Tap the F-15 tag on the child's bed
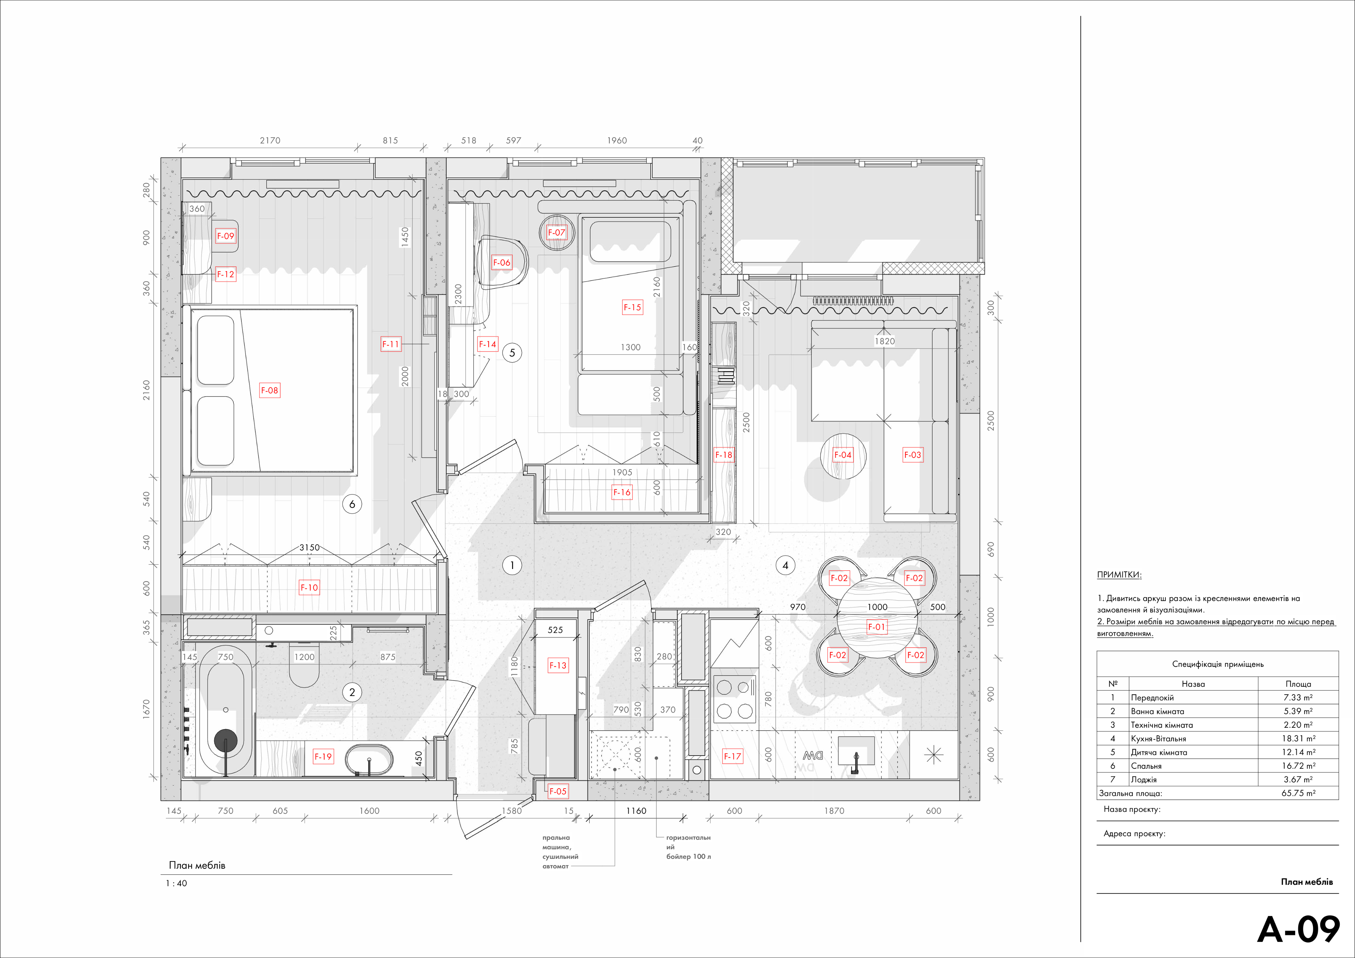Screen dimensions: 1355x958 click(632, 307)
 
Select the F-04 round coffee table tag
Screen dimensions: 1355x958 click(843, 455)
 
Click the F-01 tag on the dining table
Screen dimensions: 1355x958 click(876, 627)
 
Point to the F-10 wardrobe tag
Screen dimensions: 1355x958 click(309, 587)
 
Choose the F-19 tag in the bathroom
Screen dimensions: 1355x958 click(323, 756)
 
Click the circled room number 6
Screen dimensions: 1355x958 click(352, 504)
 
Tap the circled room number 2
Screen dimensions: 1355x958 click(352, 692)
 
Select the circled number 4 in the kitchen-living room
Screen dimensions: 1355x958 click(785, 565)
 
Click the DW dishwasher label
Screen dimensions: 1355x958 click(813, 756)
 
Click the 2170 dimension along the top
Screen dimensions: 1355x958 click(270, 141)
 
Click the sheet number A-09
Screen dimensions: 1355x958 click(1298, 930)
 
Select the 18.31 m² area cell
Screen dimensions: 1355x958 click(1298, 738)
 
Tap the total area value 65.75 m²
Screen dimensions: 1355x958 click(1298, 793)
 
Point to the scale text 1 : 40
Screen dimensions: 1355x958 click(176, 884)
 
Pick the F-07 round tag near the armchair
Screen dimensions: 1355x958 click(556, 233)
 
